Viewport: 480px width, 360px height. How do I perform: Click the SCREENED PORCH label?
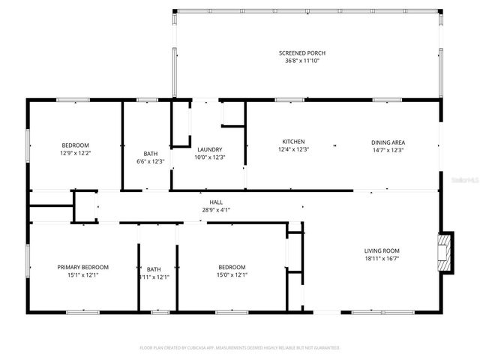click(302, 52)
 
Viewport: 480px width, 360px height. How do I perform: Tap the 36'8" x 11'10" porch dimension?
click(302, 61)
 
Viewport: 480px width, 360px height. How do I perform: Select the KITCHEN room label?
click(292, 142)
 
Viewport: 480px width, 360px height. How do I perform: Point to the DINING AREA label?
click(388, 142)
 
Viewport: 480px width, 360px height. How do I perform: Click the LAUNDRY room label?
click(209, 149)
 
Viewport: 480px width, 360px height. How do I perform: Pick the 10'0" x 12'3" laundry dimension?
click(209, 157)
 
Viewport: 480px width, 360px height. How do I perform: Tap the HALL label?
click(216, 202)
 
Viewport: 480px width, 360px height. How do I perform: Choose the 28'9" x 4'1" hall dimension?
click(216, 210)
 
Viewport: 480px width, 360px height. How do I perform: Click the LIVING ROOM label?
click(382, 251)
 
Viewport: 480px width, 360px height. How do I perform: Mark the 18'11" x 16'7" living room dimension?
click(382, 259)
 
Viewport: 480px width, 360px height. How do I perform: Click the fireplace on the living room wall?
click(446, 250)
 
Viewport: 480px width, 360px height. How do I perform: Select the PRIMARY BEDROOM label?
click(83, 268)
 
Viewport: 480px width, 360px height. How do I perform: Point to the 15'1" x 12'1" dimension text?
click(83, 276)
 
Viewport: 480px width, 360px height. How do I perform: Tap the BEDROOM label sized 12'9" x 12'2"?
click(75, 145)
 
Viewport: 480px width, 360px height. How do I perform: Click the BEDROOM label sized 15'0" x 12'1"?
click(232, 268)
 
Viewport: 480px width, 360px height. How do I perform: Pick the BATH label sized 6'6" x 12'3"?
click(151, 153)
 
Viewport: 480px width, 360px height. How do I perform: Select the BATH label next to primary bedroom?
click(154, 269)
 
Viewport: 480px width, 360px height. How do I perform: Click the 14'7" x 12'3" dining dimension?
click(388, 150)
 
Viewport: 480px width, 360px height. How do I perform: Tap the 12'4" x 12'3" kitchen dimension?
click(292, 150)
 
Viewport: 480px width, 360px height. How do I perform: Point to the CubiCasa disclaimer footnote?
click(240, 348)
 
